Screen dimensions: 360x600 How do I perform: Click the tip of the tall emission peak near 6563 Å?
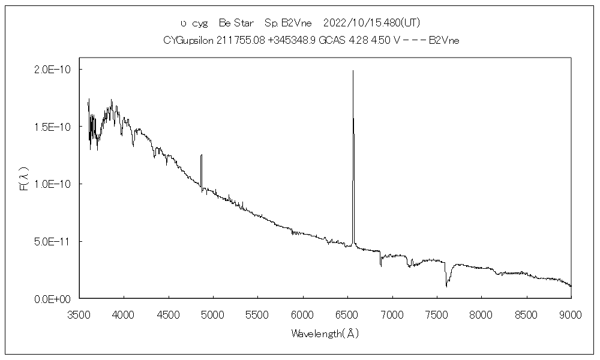point(353,71)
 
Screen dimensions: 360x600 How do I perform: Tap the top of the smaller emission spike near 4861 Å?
point(202,155)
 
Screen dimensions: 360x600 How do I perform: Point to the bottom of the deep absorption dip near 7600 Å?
point(446,286)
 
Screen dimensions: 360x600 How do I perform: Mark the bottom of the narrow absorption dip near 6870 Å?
point(380,265)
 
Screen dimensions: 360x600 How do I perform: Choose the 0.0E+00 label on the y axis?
point(53,299)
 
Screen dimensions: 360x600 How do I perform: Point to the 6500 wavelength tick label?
point(347,314)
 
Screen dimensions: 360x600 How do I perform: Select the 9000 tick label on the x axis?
point(571,314)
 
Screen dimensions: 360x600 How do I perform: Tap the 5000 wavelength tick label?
point(213,314)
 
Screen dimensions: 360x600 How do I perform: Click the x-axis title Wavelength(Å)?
point(325,333)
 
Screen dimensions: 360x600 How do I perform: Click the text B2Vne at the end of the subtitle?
point(445,40)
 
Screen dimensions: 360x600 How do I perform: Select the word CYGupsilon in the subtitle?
point(187,40)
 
